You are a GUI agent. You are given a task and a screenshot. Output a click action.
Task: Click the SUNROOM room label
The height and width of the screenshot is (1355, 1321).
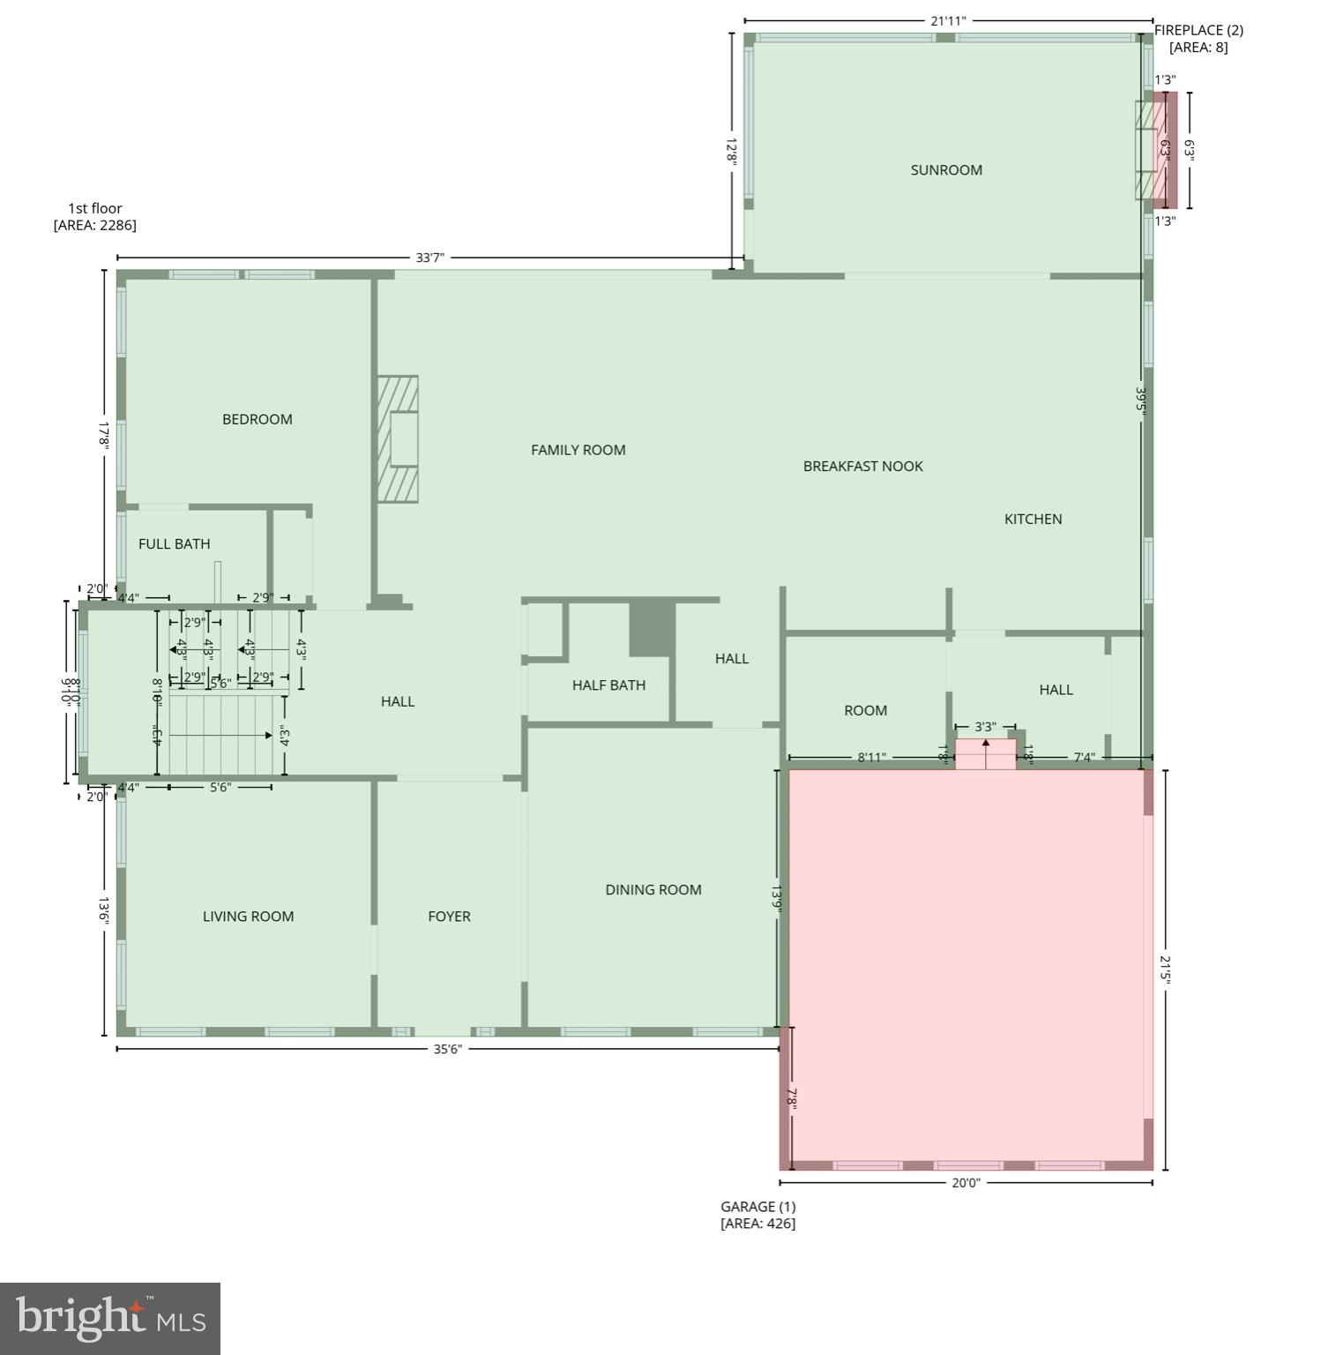point(946,170)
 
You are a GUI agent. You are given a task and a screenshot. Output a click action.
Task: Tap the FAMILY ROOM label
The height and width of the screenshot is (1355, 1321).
point(578,450)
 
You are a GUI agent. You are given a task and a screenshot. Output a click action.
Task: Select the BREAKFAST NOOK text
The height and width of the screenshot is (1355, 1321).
point(862,466)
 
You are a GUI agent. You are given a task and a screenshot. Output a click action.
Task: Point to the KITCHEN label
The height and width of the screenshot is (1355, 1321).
point(1033,519)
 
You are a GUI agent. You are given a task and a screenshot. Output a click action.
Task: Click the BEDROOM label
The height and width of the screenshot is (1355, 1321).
point(257,419)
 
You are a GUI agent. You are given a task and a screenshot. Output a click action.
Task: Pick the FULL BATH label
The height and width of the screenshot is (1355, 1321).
point(175,543)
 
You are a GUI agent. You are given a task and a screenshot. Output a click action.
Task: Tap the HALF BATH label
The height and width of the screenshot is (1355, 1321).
point(608,685)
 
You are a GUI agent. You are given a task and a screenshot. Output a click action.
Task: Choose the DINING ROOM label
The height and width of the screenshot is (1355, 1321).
point(653,889)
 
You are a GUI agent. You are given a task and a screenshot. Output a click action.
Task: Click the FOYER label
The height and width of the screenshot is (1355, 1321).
point(449,916)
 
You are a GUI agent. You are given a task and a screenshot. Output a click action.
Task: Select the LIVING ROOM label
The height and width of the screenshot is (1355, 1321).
point(249,916)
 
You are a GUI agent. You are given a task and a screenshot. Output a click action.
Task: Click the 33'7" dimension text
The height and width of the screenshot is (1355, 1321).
point(430,258)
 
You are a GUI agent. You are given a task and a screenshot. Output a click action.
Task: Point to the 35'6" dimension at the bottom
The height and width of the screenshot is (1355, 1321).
point(448,1049)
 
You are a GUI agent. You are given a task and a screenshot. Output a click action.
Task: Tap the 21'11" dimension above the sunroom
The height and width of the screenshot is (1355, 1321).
point(949,20)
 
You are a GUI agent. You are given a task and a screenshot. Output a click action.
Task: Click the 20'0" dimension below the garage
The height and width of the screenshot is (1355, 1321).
point(966,1183)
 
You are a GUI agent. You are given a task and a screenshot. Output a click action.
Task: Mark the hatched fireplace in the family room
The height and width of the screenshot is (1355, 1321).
point(398,438)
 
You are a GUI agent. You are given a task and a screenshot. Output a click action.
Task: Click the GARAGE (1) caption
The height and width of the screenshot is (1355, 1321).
point(758,1215)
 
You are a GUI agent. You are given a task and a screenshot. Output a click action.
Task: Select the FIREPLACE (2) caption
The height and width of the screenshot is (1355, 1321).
point(1198,39)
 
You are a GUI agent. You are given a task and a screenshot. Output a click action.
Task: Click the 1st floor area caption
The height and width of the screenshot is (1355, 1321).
point(95,216)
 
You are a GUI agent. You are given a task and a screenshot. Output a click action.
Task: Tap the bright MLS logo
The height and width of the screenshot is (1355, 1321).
point(110,1319)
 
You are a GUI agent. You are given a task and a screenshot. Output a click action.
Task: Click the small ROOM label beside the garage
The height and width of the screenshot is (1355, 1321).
point(865,710)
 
